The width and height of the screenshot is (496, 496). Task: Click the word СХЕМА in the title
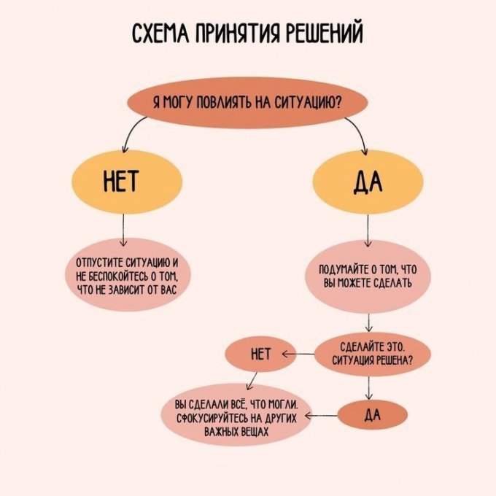point(159,34)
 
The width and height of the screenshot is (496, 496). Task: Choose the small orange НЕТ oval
point(260,354)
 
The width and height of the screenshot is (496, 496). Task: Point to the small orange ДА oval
point(372,415)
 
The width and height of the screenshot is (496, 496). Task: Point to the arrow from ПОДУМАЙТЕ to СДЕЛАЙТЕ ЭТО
point(371,324)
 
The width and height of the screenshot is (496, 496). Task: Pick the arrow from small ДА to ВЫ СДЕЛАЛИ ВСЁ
point(321,415)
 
